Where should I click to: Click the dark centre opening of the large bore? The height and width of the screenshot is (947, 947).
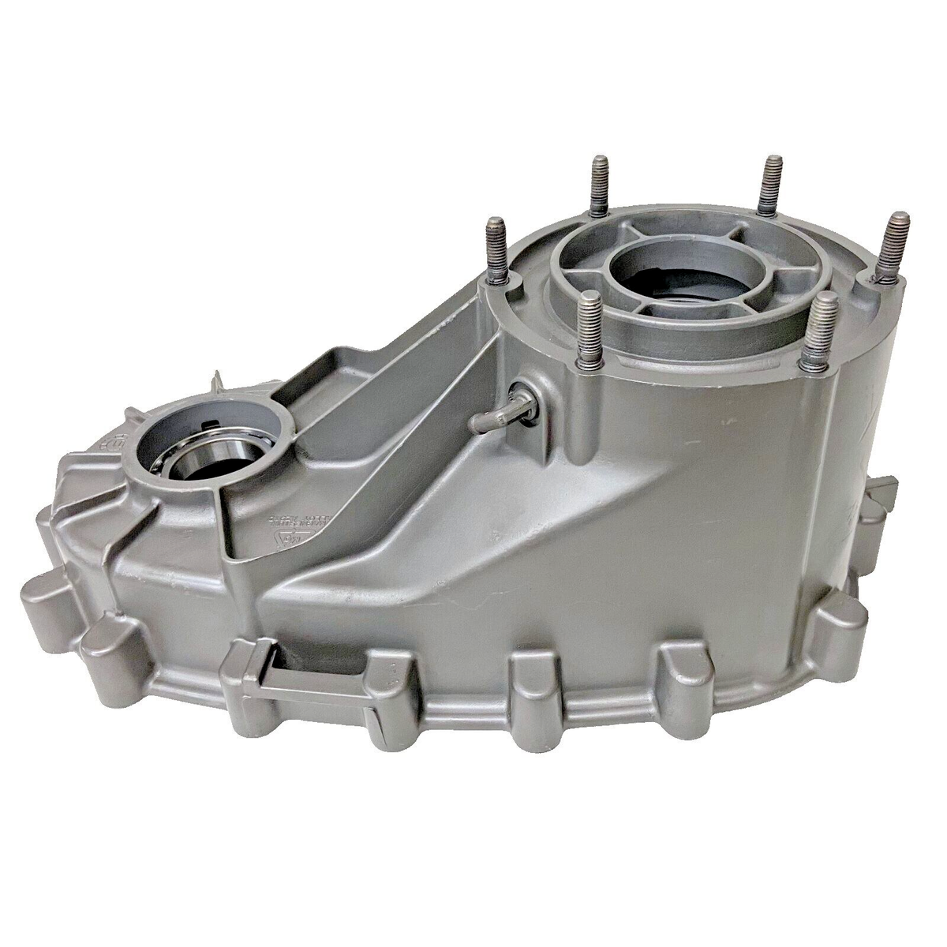point(671,276)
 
